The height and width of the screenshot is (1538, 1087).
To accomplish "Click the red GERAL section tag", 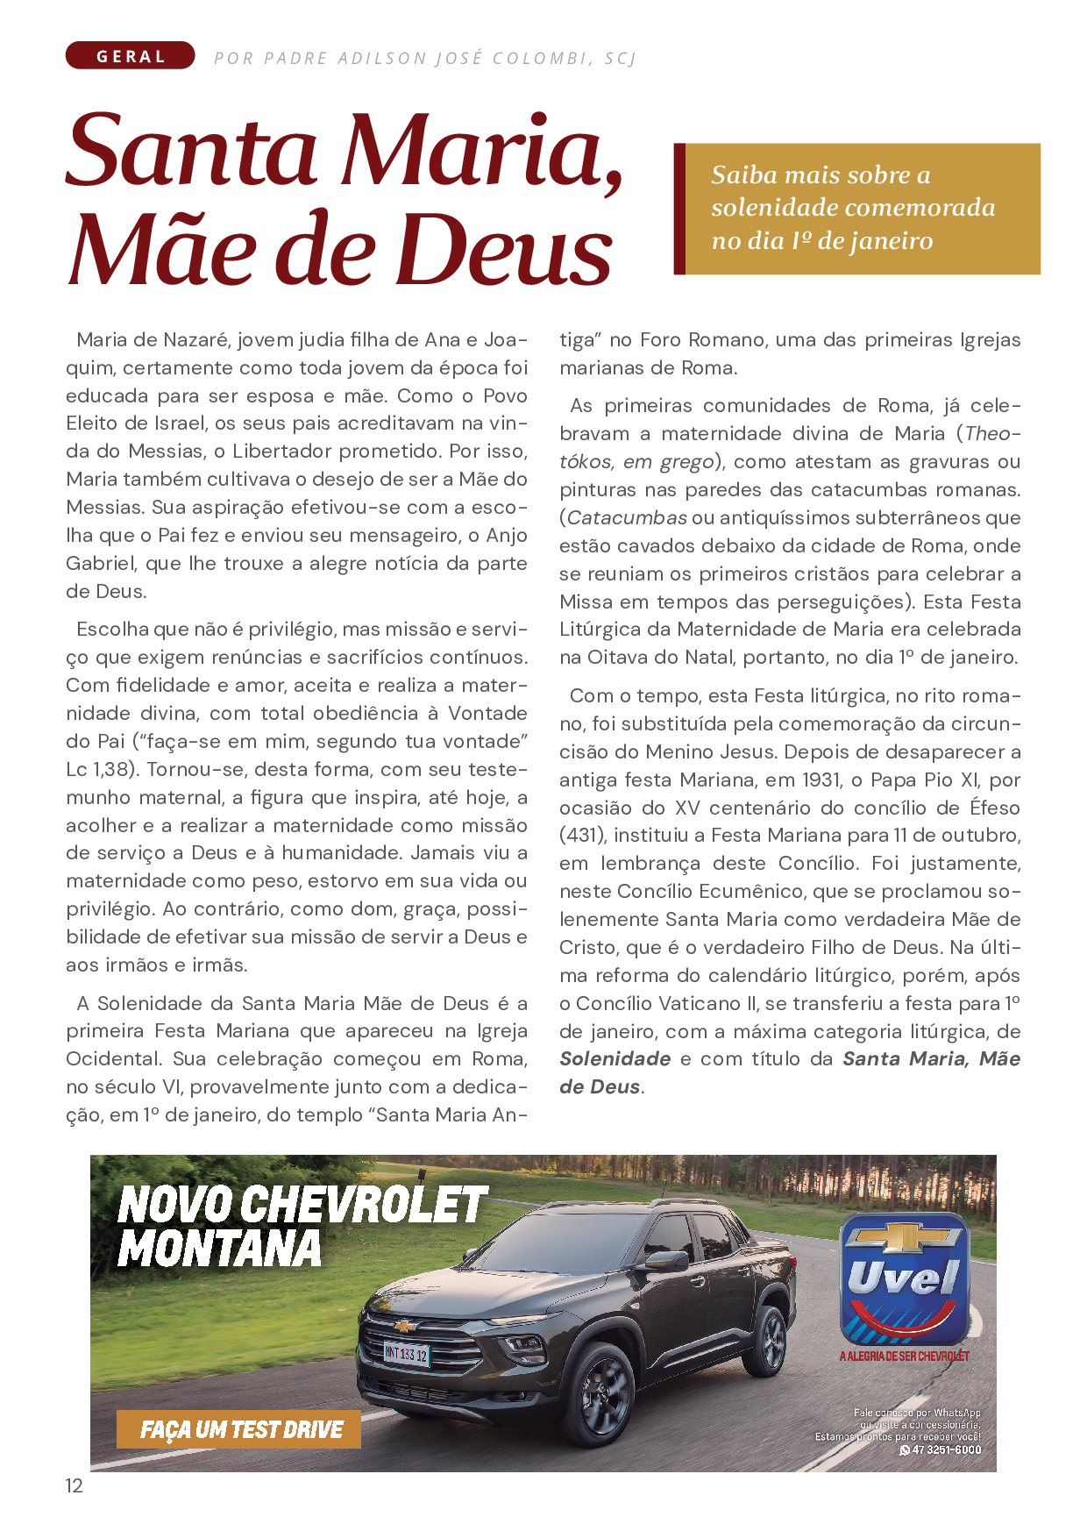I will coord(130,56).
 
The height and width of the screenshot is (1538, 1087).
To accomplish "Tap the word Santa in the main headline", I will coord(191,151).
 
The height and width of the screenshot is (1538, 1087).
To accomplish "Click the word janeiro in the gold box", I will coord(889,241).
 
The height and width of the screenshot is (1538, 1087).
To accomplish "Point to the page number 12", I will coord(75,1485).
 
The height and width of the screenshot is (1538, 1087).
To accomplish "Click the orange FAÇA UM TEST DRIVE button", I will coord(239,1429).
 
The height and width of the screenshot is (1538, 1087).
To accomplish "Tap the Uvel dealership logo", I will coord(904,1281).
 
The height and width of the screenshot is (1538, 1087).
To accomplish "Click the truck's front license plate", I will coord(406,1353).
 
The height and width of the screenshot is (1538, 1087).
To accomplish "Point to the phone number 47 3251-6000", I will coord(945,1449).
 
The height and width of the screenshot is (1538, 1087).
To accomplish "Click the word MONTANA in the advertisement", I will coord(219,1249).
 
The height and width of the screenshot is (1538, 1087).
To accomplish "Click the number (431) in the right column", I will coord(581,836).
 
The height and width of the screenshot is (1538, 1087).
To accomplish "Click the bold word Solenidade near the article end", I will coord(615,1059).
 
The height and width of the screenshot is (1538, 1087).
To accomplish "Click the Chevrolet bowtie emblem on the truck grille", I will coord(404,1325).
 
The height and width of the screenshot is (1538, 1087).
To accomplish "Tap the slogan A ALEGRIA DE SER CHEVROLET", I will coord(904,1356).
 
